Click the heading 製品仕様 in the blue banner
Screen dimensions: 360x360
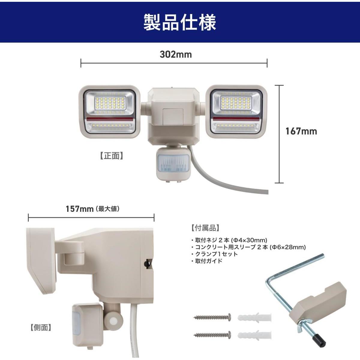(x=180, y=22)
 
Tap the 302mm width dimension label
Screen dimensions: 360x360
(x=176, y=55)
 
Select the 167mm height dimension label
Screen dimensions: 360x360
(x=301, y=131)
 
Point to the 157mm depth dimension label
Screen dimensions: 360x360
(x=79, y=209)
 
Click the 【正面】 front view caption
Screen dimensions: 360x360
(x=112, y=156)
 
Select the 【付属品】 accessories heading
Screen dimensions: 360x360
(x=205, y=228)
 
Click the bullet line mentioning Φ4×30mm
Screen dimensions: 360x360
(x=229, y=240)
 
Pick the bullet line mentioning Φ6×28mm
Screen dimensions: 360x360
(x=248, y=247)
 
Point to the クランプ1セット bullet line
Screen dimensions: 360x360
(x=214, y=254)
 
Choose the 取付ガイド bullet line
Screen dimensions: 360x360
(x=207, y=261)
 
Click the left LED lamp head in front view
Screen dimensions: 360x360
(x=109, y=112)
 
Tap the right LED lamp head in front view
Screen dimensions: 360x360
(x=236, y=112)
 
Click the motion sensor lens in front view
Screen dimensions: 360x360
(x=172, y=163)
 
